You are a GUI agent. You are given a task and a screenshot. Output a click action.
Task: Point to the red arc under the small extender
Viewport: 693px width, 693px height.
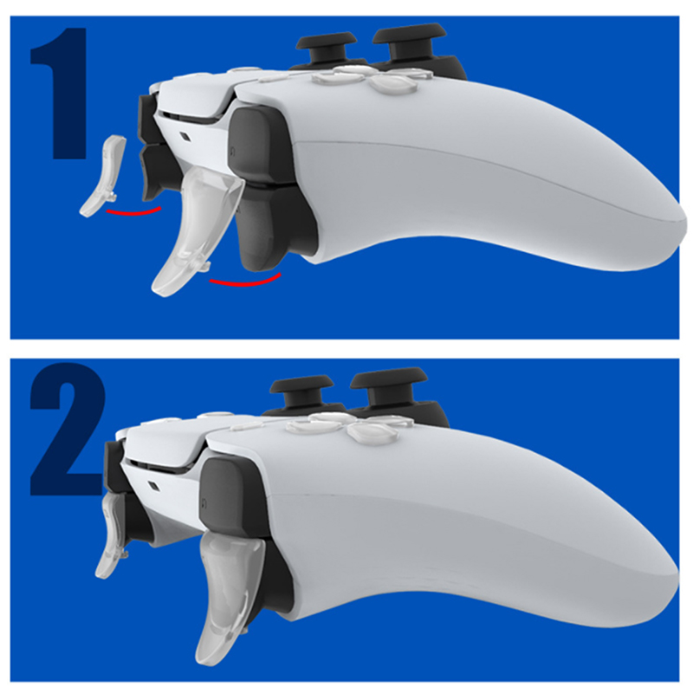point(133,211)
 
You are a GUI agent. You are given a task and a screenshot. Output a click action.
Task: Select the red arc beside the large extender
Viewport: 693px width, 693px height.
point(245,281)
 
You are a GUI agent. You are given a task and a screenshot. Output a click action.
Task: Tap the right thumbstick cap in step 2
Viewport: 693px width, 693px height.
point(387,376)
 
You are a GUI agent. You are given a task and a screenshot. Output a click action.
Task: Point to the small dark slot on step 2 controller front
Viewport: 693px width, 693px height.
point(155,486)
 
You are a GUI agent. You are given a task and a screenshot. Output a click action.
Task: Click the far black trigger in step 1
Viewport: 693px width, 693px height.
point(152,175)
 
